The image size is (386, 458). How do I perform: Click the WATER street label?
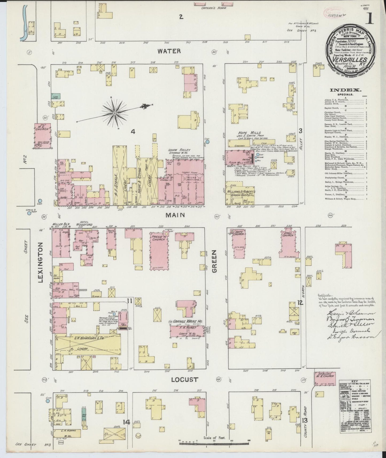point(169,51)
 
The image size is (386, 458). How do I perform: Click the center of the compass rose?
point(115,113)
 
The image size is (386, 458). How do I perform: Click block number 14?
point(126,422)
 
